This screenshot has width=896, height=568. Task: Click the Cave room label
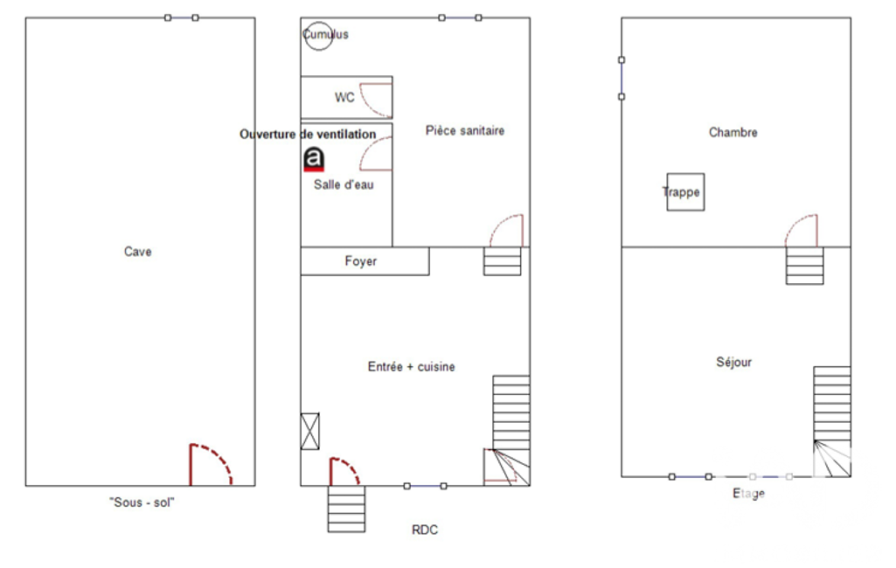138,252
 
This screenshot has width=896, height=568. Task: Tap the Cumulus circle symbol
318,22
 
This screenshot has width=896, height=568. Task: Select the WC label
344,98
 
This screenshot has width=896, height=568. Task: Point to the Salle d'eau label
344,184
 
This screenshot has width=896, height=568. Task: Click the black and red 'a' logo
314,159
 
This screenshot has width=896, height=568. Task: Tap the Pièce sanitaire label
465,131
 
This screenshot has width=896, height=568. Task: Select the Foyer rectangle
365,261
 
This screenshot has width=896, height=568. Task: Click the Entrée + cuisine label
412,367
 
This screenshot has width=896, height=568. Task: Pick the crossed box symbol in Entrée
309,431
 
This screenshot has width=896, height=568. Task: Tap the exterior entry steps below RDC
346,509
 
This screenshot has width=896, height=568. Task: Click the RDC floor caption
425,530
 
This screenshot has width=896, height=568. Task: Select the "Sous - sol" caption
142,502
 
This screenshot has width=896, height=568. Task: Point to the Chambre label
733,133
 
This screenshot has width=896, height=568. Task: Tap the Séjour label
734,362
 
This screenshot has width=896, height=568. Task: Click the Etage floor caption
748,493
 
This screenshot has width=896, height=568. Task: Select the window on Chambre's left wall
622,79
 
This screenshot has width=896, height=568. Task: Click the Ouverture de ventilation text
308,135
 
